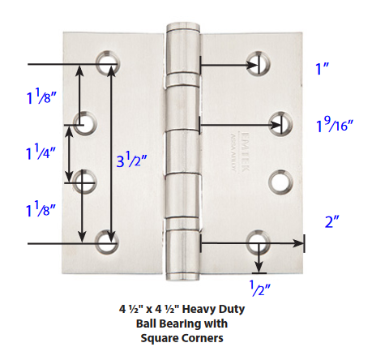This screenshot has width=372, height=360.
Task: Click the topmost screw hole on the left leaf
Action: coord(107,63)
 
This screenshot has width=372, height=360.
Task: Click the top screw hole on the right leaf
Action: coord(259,62)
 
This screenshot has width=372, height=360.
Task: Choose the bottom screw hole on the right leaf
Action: coord(259,242)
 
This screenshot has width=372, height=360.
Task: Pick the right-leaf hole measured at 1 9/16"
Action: coord(281,123)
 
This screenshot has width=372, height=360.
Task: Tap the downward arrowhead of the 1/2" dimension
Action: coord(259,269)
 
